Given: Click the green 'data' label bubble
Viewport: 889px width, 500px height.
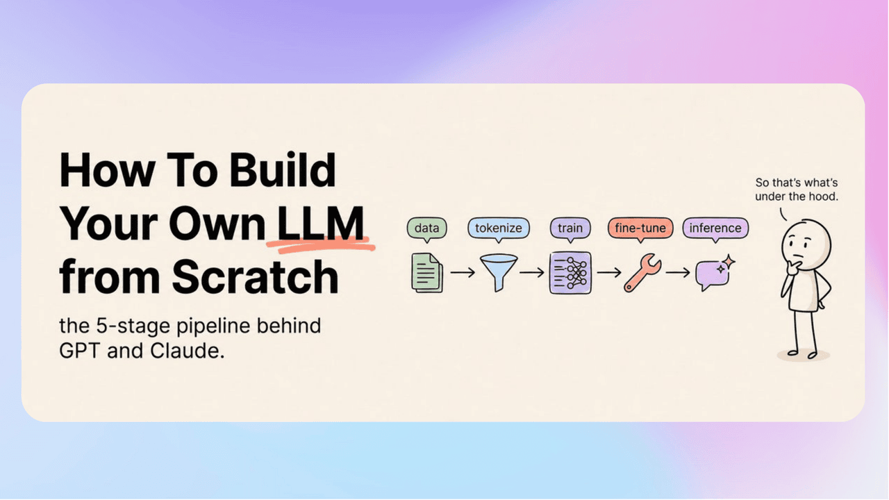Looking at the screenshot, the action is tap(426, 229).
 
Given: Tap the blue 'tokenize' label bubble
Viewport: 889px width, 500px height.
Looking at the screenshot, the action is tap(499, 229).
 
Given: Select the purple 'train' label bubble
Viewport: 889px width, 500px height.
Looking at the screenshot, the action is tap(570, 229).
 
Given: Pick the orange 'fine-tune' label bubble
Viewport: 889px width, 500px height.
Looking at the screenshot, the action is tap(640, 229).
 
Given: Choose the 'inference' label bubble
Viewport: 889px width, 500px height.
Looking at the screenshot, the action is tap(715, 229).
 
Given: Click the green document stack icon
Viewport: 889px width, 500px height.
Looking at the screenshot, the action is tap(427, 273).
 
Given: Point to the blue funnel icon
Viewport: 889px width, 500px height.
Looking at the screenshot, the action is tap(499, 272).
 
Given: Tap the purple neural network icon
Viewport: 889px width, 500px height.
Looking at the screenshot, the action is tap(570, 273).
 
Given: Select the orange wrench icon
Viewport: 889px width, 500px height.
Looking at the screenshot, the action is tap(642, 273).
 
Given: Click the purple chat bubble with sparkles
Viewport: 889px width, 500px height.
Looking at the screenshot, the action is tap(713, 274).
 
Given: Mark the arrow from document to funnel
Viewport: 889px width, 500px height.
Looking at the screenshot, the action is tap(463, 273).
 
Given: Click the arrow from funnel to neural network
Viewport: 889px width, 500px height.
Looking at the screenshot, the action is tap(532, 273).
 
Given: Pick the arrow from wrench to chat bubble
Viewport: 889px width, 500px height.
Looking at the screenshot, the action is tap(679, 273).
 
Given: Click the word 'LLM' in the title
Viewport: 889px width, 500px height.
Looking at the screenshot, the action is tap(321, 224).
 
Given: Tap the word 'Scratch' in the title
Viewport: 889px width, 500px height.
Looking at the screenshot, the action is tap(255, 276).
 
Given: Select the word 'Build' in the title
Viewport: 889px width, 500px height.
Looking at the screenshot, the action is tap(283, 170).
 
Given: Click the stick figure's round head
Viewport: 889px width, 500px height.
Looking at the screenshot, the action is tap(806, 245).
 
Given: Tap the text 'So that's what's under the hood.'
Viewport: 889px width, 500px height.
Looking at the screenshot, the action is tap(797, 190).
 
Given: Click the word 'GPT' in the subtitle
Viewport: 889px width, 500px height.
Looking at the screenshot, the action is tap(79, 351).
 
